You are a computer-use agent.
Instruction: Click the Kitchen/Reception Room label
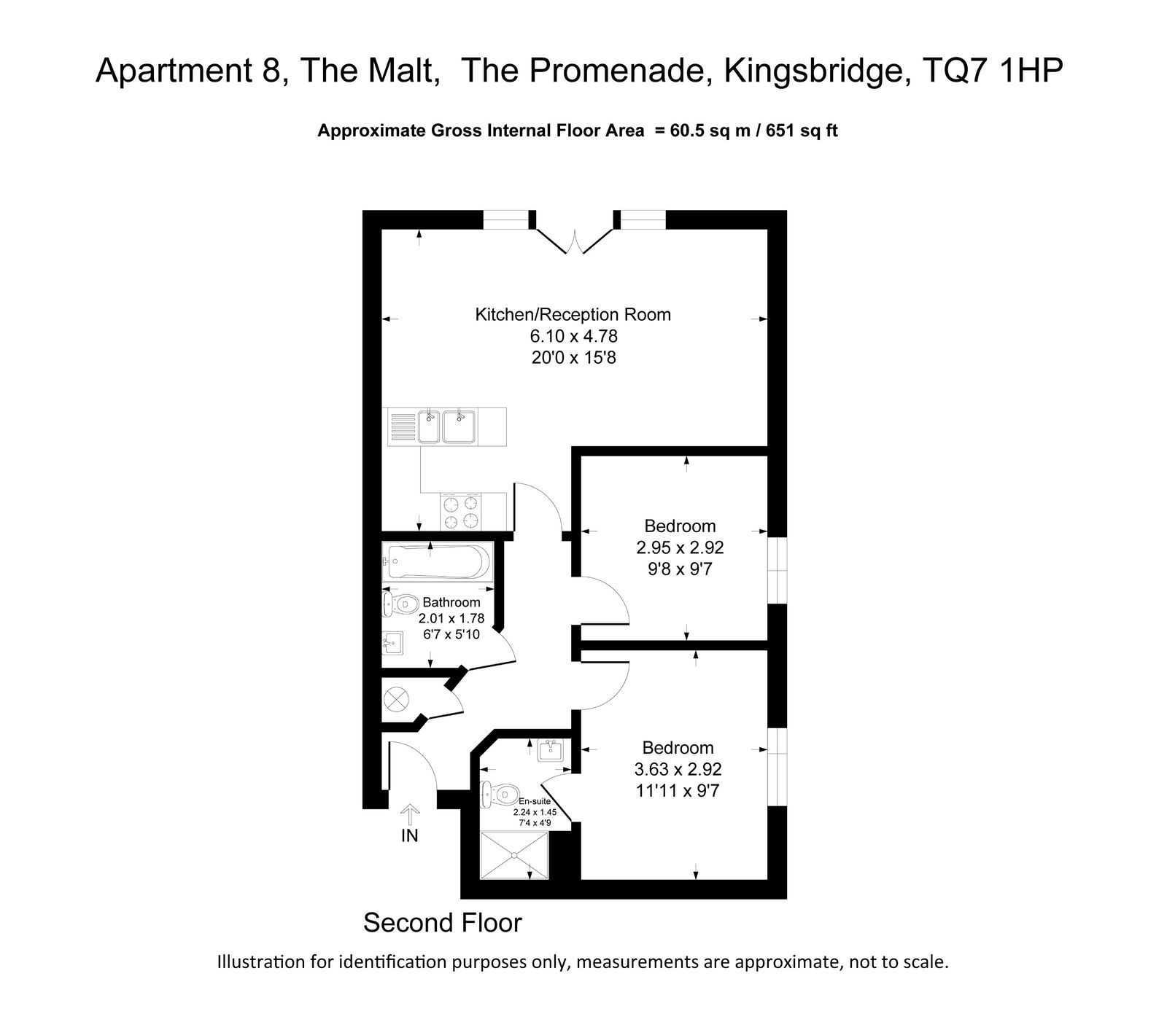click(573, 315)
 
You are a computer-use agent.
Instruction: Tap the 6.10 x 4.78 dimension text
click(573, 337)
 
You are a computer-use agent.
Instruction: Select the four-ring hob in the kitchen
click(462, 512)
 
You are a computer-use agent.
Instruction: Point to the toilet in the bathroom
click(398, 603)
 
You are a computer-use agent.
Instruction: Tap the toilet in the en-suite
click(495, 793)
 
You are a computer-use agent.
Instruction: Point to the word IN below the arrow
click(410, 836)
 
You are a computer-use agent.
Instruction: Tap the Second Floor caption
click(443, 923)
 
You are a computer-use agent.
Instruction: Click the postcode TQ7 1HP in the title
click(993, 71)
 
